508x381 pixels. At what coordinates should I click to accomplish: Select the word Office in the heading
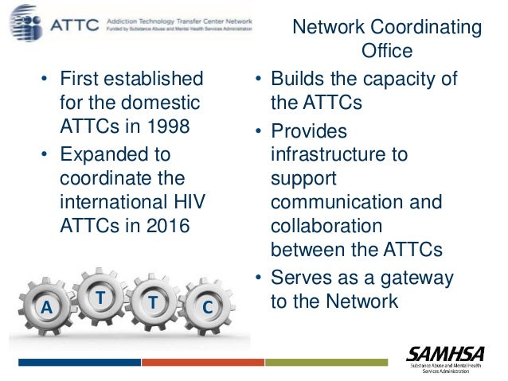(x=386, y=52)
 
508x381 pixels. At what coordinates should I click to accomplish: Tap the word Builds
(x=296, y=79)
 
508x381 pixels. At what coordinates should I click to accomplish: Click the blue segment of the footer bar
(x=79, y=362)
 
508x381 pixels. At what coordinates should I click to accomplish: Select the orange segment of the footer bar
(x=202, y=362)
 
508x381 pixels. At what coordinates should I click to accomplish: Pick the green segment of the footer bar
(x=326, y=362)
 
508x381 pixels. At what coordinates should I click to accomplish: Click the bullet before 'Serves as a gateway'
(x=259, y=278)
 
